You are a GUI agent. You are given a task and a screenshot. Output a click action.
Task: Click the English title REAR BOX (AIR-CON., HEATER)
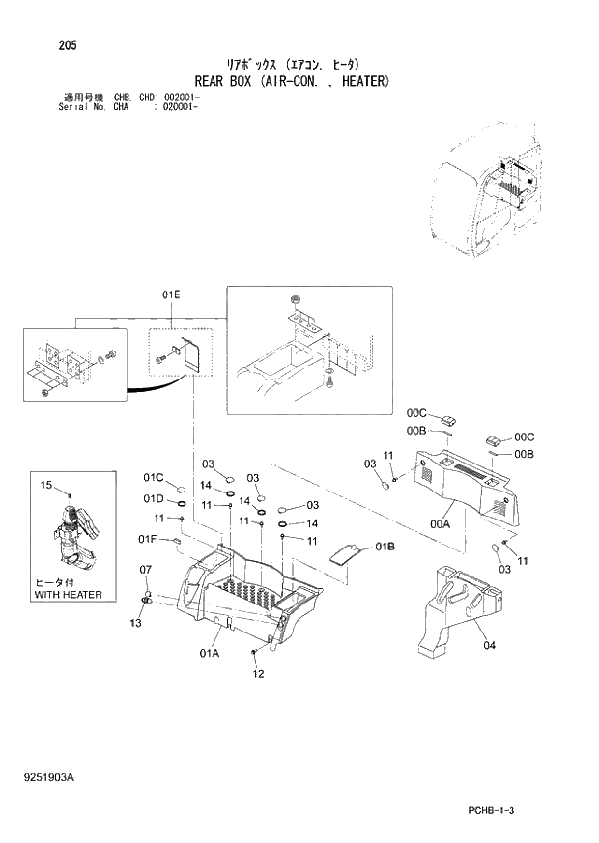[x=291, y=81]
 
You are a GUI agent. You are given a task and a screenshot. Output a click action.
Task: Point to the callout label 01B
[x=385, y=547]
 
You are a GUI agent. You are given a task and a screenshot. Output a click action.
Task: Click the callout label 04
[x=489, y=646]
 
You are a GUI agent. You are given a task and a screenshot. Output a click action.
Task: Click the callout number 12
[x=258, y=674]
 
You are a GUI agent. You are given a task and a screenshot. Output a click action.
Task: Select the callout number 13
[x=136, y=623]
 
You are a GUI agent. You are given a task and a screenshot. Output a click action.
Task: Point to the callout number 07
[x=146, y=569]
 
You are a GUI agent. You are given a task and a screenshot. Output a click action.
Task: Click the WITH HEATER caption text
[x=68, y=595]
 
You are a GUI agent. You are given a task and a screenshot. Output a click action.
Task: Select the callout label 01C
[x=154, y=477]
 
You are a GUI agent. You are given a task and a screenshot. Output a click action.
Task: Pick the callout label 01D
[x=154, y=499]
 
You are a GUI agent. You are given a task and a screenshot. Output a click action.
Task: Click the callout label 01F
[x=147, y=538]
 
